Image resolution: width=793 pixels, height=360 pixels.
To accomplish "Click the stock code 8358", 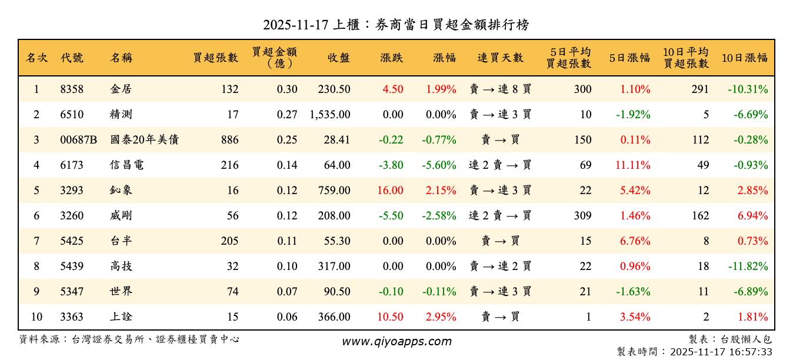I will coord(72,89).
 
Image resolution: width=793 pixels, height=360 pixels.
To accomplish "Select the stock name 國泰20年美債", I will coord(144,140).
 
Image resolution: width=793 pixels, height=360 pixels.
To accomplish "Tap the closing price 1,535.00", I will coord(329,115).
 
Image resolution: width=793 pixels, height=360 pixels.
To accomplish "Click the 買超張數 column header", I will coord(216,58).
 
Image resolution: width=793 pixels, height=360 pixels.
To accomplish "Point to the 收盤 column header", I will coord(339,58).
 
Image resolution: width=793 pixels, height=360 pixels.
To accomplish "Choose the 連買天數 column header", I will coord(500,58).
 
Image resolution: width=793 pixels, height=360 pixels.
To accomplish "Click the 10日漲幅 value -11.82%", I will coord(748,266).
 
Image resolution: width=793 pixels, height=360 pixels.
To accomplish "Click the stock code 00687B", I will coord(78,140).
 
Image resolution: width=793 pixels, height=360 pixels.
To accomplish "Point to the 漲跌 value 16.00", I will coord(390,191).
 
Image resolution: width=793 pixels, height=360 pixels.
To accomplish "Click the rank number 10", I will coord(36,317).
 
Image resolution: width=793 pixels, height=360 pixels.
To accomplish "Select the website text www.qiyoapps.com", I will coord(396,341).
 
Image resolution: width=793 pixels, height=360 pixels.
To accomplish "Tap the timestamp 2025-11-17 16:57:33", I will coord(721,352).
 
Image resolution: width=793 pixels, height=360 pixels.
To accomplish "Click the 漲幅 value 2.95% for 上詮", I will coord(441,317).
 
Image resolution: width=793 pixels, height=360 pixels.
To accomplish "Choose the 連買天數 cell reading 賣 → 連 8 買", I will coord(500,89).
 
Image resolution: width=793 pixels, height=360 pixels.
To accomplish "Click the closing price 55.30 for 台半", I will coord(337,241).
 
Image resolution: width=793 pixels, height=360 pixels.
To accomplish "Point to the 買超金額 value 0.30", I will coord(287,89).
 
